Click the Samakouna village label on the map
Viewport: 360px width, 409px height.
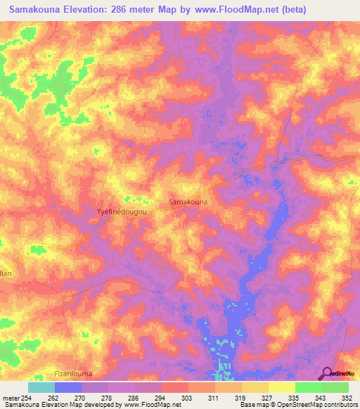[188, 202]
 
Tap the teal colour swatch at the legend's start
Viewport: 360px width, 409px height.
[41, 387]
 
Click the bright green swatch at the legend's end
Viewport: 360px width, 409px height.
[335, 387]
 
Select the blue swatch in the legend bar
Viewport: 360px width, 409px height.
[68, 387]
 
